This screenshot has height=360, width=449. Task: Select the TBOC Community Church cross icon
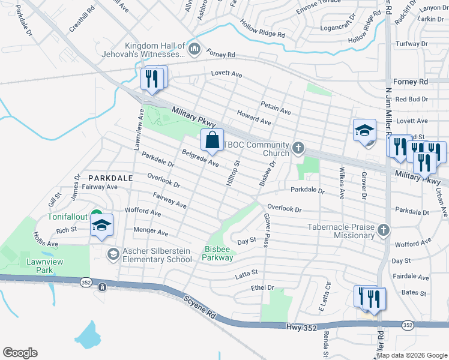point(298,148)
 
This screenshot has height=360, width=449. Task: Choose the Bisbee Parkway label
point(218,253)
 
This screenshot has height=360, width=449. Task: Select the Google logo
point(20,353)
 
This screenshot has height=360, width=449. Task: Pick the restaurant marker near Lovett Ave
point(152,79)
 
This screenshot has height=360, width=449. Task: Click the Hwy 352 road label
point(301,327)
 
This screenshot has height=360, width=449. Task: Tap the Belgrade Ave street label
point(200,158)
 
